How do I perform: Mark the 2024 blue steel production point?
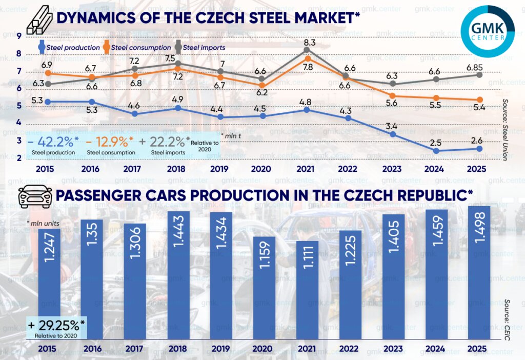pyautogui.click(x=436, y=151)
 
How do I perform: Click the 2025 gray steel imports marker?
pyautogui.click(x=479, y=74)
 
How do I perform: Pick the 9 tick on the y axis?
pyautogui.click(x=19, y=35)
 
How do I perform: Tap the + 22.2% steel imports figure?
pyautogui.click(x=164, y=142)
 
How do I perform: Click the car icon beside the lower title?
pyautogui.click(x=34, y=196)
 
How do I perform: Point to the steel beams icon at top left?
pyautogui.click(x=38, y=21)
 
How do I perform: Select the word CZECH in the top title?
pyautogui.click(x=197, y=17)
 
